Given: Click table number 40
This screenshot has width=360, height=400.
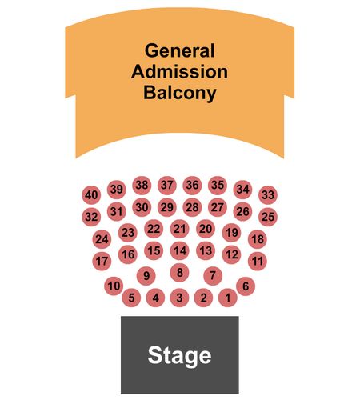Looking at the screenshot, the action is (91, 195).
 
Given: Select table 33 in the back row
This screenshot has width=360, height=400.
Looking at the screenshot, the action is (268, 195).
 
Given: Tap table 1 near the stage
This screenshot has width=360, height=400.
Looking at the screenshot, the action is (228, 298).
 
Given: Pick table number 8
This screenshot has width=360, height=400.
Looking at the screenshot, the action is (180, 273).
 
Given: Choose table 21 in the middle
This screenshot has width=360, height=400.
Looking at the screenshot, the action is (180, 229).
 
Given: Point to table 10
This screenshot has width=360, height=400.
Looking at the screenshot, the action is (114, 286).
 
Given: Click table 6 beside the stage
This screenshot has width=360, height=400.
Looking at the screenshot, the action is (246, 286).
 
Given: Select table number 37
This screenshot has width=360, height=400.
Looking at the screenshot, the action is (167, 185).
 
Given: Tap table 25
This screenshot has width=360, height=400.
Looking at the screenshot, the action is (268, 217).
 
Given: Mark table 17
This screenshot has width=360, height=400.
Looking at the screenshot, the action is (102, 261).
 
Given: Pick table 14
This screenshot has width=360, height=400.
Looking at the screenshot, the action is (180, 250).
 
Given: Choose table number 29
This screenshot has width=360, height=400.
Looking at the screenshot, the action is (167, 207).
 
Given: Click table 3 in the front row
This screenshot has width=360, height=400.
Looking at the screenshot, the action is (179, 298).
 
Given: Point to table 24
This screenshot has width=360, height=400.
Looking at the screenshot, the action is (102, 239).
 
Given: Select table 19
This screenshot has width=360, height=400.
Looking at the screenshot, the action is (231, 233).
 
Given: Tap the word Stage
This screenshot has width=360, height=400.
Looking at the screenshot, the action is (179, 356).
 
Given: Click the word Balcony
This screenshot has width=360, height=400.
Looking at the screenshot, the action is (180, 94).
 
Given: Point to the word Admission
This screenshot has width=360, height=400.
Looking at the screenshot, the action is (179, 72).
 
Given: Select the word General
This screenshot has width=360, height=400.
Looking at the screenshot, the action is (180, 50).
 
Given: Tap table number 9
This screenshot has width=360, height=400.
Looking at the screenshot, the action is (146, 276).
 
